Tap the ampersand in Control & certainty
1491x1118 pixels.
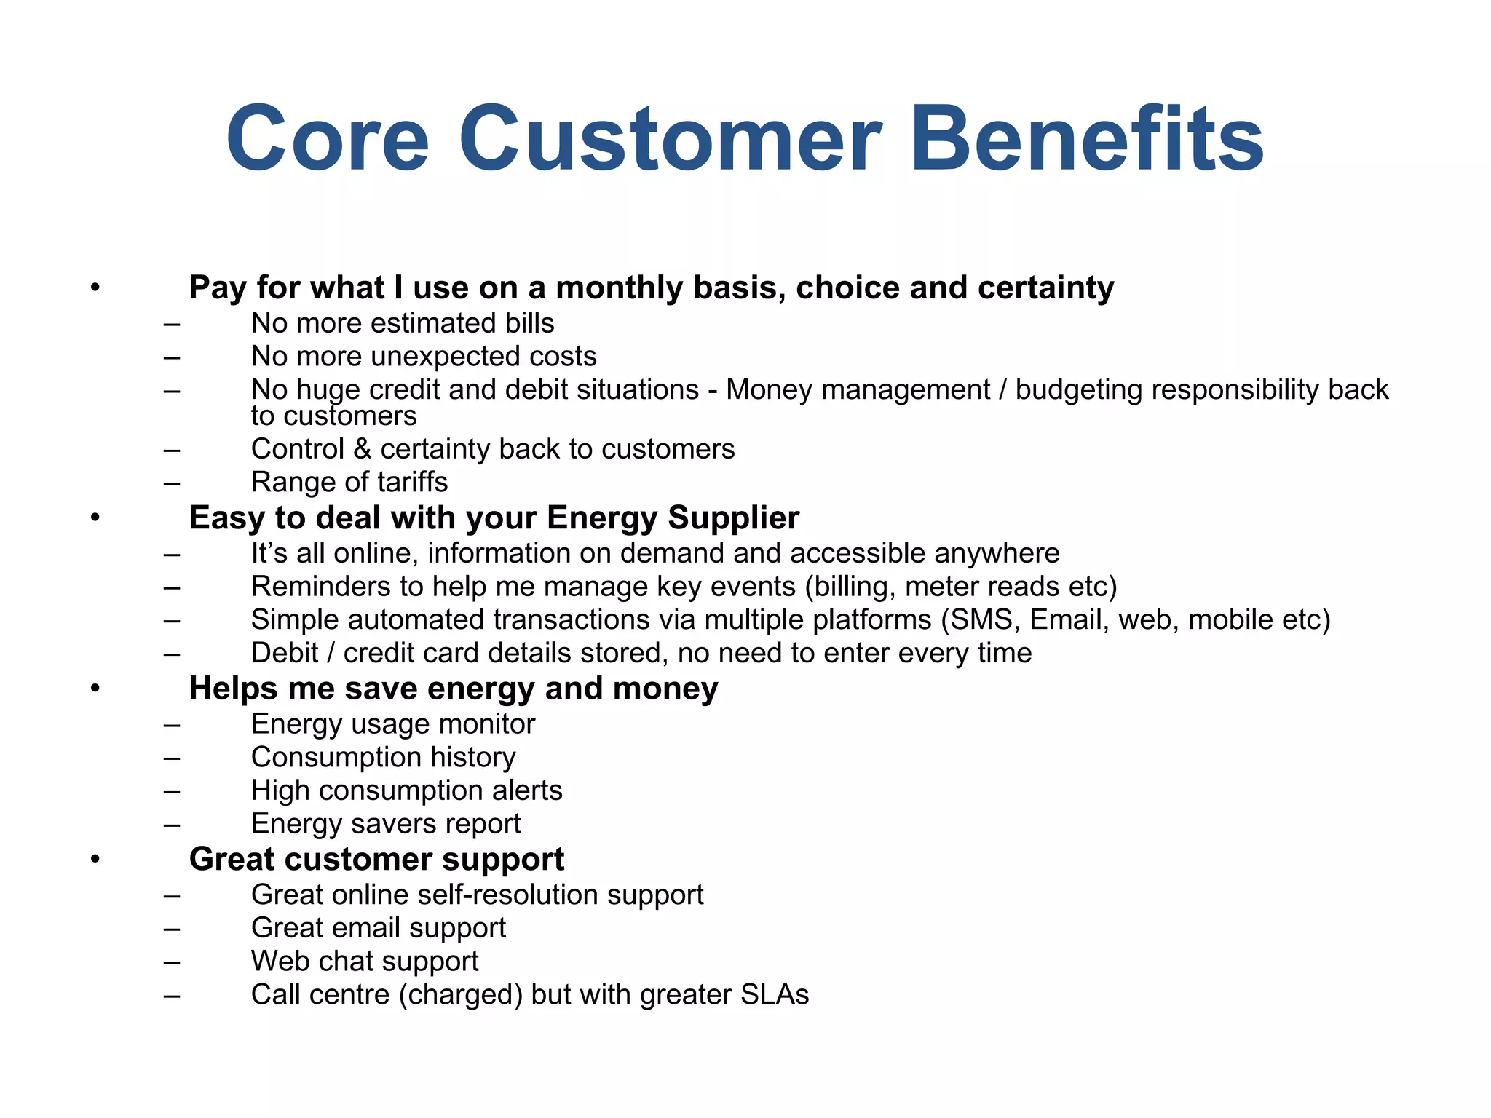click(x=362, y=449)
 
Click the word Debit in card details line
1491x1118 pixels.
click(x=285, y=653)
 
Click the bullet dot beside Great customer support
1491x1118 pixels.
click(x=95, y=860)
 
